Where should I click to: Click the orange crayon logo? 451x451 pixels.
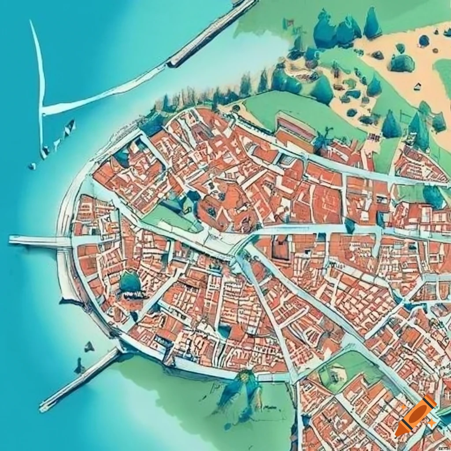(415, 415)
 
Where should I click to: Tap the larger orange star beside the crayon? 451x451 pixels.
(432, 423)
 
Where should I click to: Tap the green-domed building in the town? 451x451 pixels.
(130, 283)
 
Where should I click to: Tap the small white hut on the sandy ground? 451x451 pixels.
(416, 86)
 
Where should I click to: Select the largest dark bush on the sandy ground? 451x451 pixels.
(402, 63)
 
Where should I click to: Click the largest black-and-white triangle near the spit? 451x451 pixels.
(70, 128)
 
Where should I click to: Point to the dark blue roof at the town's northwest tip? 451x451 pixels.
(152, 125)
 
